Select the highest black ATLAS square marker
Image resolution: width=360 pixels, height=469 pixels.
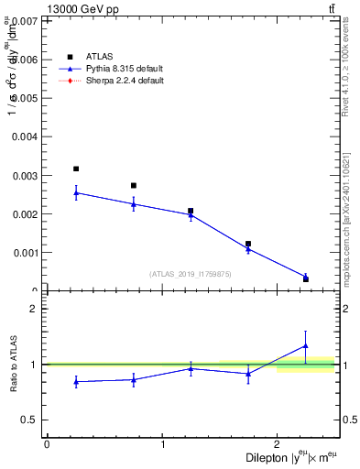point(76,169)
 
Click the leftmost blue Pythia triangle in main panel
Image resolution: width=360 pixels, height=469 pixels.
point(76,192)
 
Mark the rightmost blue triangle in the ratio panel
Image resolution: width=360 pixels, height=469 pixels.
point(306,345)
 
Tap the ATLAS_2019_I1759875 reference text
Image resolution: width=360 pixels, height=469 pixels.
point(191,274)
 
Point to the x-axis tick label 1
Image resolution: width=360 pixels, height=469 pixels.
point(163,444)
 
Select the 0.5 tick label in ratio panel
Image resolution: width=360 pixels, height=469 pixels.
point(30,420)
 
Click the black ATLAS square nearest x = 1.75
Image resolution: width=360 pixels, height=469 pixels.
point(248,244)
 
